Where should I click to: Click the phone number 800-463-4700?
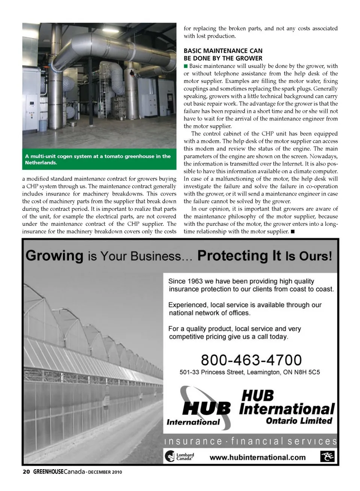(251, 360)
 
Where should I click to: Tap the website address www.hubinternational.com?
(257, 457)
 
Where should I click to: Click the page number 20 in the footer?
(26, 471)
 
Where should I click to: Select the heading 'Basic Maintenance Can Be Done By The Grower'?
(223, 54)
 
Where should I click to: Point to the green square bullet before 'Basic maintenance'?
(186, 66)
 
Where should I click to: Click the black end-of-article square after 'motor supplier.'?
(292, 231)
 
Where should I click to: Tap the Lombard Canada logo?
(180, 456)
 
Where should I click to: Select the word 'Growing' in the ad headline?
(55, 256)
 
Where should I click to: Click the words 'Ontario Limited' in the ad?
(299, 421)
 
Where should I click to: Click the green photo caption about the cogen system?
(99, 159)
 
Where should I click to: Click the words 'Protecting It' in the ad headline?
(239, 256)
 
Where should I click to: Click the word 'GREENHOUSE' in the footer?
(48, 471)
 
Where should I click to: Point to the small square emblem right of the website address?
(327, 457)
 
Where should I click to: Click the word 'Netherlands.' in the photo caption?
(41, 163)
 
